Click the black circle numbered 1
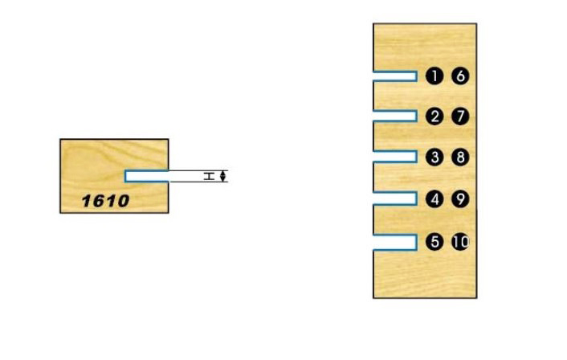pyautogui.click(x=434, y=76)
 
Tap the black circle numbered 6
pyautogui.click(x=459, y=76)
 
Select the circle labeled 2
pyautogui.click(x=434, y=117)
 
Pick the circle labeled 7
pyautogui.click(x=459, y=117)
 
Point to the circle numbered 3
pyautogui.click(x=434, y=157)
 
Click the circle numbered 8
pyautogui.click(x=459, y=157)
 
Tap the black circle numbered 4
pyautogui.click(x=434, y=198)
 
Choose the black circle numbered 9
pyautogui.click(x=459, y=198)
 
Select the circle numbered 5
pyautogui.click(x=434, y=241)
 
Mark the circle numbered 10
pyautogui.click(x=460, y=241)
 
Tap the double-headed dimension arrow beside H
pyautogui.click(x=224, y=176)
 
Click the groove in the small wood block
pyautogui.click(x=146, y=176)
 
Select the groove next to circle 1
pyautogui.click(x=394, y=76)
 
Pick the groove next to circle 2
pyautogui.click(x=394, y=117)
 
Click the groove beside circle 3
pyautogui.click(x=394, y=157)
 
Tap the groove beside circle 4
pyautogui.click(x=394, y=198)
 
